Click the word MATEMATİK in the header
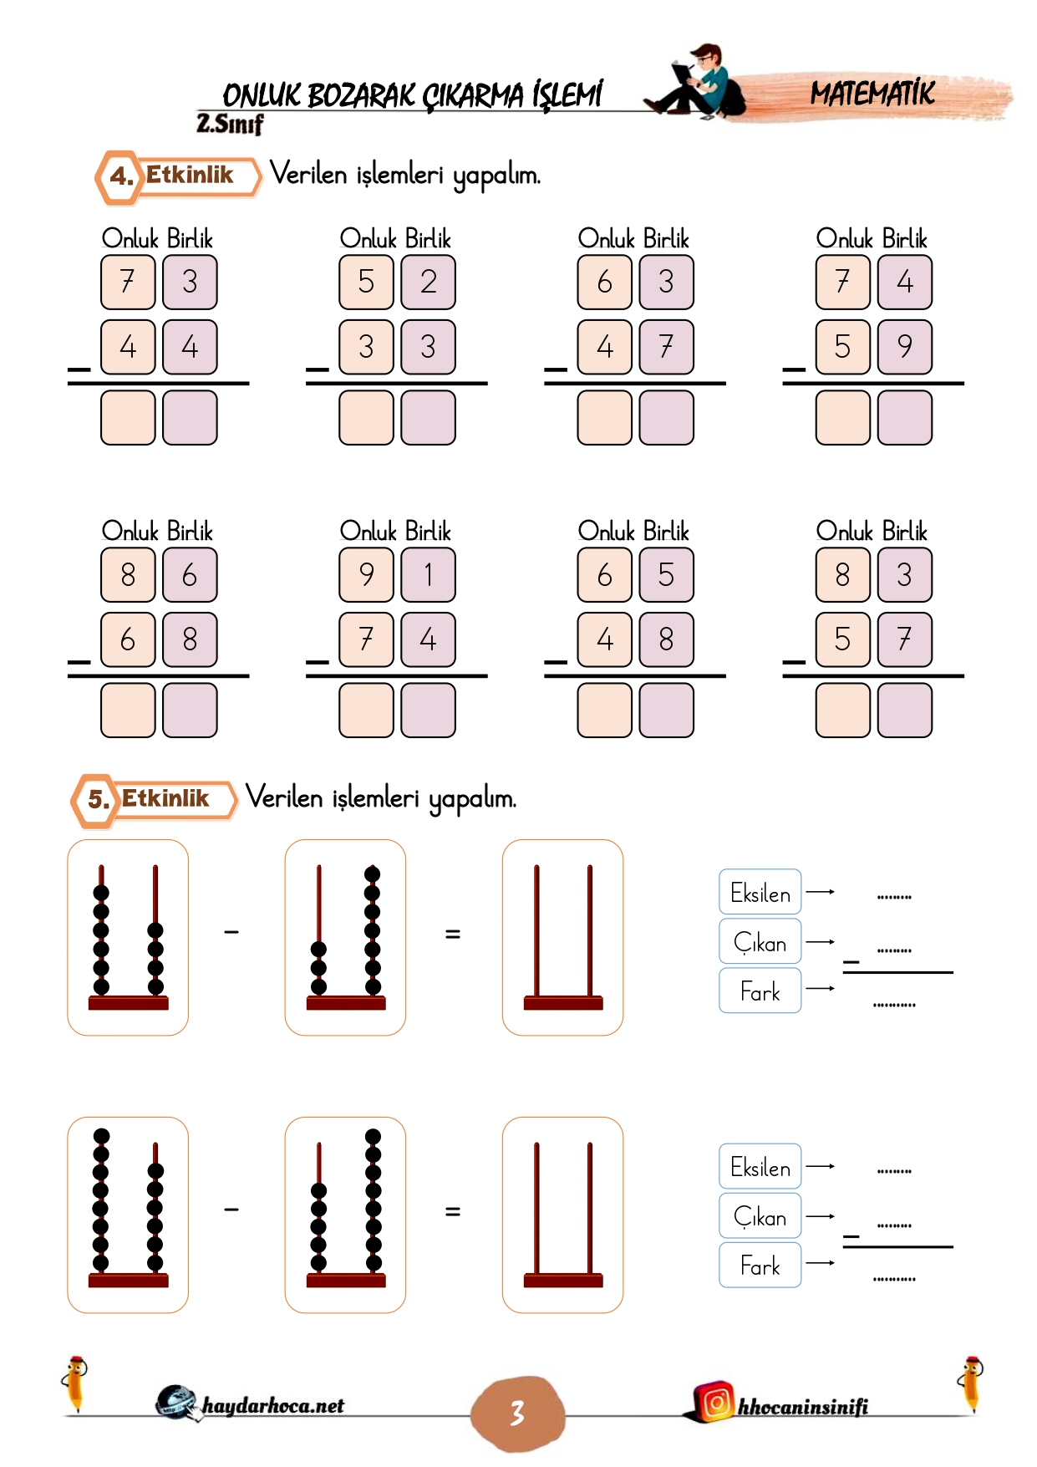click(872, 93)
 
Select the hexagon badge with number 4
click(120, 176)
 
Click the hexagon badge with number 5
click(97, 800)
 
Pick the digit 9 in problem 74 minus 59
click(905, 346)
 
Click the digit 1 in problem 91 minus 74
click(429, 574)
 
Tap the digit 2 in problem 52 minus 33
click(429, 282)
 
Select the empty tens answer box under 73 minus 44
click(128, 417)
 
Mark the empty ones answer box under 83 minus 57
click(905, 710)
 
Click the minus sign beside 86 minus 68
click(79, 662)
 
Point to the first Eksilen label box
click(760, 892)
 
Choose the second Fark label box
click(760, 1265)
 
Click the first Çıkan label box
click(760, 941)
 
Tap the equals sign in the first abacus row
click(453, 934)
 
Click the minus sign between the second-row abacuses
click(231, 1209)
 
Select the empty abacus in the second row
click(562, 1215)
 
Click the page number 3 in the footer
click(517, 1414)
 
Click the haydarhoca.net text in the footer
click(272, 1406)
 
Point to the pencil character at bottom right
click(971, 1383)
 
